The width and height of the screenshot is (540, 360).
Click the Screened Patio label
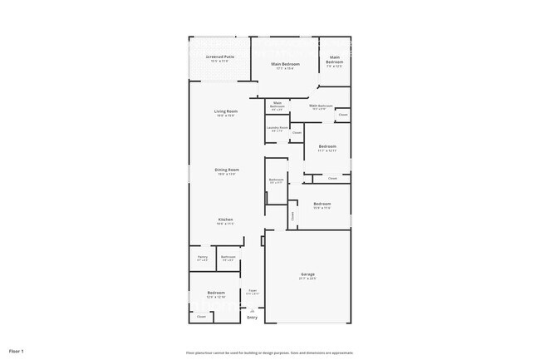click(220, 57)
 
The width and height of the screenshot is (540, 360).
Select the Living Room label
click(226, 111)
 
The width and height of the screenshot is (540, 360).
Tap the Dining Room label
click(227, 169)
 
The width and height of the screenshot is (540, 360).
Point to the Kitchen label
click(226, 219)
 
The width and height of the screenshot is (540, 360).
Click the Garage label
click(307, 274)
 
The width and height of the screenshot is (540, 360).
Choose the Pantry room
click(202, 258)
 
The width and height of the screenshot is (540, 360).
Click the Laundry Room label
click(277, 128)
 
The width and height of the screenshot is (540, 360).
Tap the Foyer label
click(253, 290)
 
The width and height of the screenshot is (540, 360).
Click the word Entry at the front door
click(253, 318)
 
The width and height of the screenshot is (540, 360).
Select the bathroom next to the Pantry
click(228, 258)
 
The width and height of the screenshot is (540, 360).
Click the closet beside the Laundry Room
click(297, 133)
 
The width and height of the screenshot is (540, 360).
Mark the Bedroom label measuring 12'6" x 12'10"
click(216, 293)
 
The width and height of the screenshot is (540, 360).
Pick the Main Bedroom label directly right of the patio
click(286, 64)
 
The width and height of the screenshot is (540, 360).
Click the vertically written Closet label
click(292, 215)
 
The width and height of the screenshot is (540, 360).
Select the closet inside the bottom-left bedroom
click(200, 316)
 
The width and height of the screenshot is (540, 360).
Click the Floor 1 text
click(17, 352)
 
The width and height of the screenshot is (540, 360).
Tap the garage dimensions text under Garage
click(307, 279)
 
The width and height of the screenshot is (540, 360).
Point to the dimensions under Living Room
click(226, 116)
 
